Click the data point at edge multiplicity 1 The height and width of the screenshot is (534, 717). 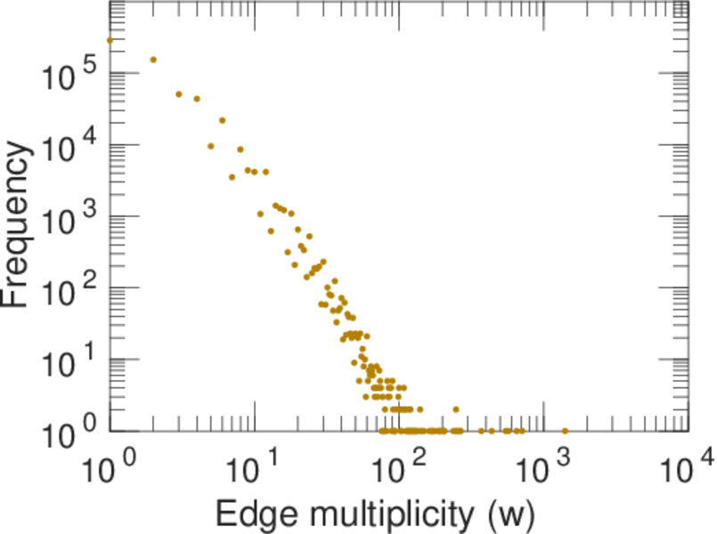tap(110, 40)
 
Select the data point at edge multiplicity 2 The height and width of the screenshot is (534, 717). tap(153, 60)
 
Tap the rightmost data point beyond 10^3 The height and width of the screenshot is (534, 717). tap(565, 431)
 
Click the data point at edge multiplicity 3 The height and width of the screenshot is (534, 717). tap(179, 93)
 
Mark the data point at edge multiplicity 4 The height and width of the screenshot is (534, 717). tap(197, 99)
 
